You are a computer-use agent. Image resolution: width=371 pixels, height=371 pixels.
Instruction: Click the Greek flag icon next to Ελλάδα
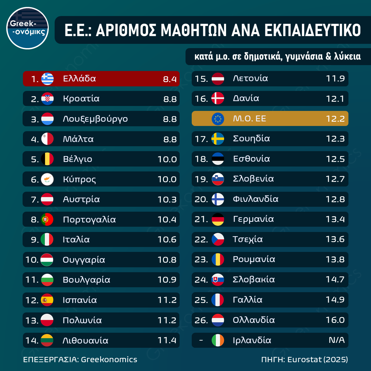47,79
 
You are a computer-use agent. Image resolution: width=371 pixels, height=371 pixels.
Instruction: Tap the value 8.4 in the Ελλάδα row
170,79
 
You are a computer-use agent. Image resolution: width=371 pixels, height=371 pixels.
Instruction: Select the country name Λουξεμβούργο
95,119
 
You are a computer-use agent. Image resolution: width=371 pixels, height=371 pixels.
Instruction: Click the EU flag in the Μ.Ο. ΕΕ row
218,118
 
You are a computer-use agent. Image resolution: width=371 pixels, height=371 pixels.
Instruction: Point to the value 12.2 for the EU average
335,118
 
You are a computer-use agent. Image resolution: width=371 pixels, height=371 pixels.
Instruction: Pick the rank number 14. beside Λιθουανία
32,341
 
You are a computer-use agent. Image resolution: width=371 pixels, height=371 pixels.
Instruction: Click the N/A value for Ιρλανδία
337,340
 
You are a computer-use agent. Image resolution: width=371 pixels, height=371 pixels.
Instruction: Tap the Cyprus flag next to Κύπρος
47,179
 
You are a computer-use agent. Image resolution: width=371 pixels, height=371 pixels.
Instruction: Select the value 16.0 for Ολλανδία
335,320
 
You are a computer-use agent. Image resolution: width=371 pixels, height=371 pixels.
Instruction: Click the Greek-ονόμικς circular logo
28,28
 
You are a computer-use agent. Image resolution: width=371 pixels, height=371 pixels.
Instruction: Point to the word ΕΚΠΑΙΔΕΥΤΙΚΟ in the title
312,30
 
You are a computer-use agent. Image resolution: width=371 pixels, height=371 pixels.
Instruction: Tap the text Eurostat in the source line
305,360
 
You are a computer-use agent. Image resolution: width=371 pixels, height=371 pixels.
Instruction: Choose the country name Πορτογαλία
89,220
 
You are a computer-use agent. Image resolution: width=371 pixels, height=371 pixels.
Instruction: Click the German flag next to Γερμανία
218,219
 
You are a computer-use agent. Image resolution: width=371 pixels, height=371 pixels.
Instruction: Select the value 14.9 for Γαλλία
335,300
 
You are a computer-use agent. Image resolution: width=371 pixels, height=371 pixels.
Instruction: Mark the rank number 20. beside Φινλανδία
201,199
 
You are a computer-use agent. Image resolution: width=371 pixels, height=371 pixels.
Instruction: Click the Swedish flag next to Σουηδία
218,139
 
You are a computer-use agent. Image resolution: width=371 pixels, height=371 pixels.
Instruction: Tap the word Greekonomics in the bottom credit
109,360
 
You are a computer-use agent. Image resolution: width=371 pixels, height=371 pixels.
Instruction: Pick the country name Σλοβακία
254,280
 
